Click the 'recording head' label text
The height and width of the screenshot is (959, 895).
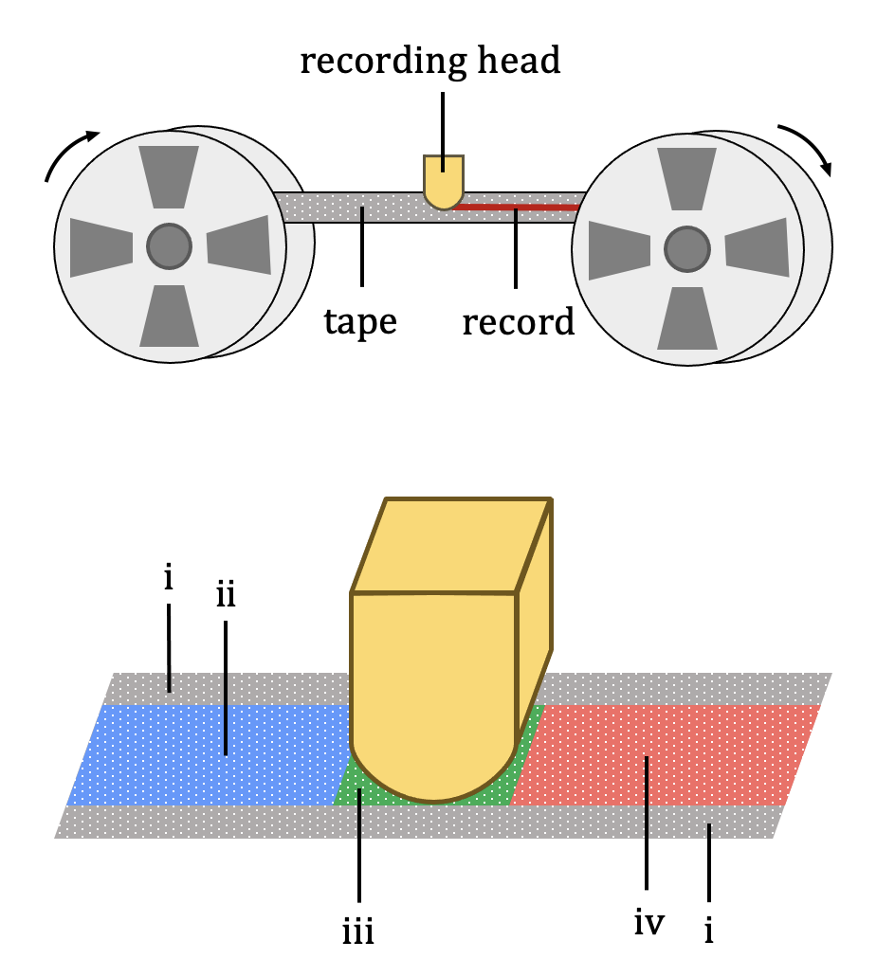431,62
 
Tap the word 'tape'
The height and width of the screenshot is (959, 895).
359,321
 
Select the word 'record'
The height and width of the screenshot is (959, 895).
519,322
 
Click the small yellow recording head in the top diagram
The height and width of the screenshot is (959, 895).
443,180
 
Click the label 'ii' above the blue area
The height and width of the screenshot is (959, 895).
225,596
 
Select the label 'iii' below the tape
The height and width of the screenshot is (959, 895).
358,932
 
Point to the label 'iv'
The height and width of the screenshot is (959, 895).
648,920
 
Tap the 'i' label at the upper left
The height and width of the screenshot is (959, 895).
168,579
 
